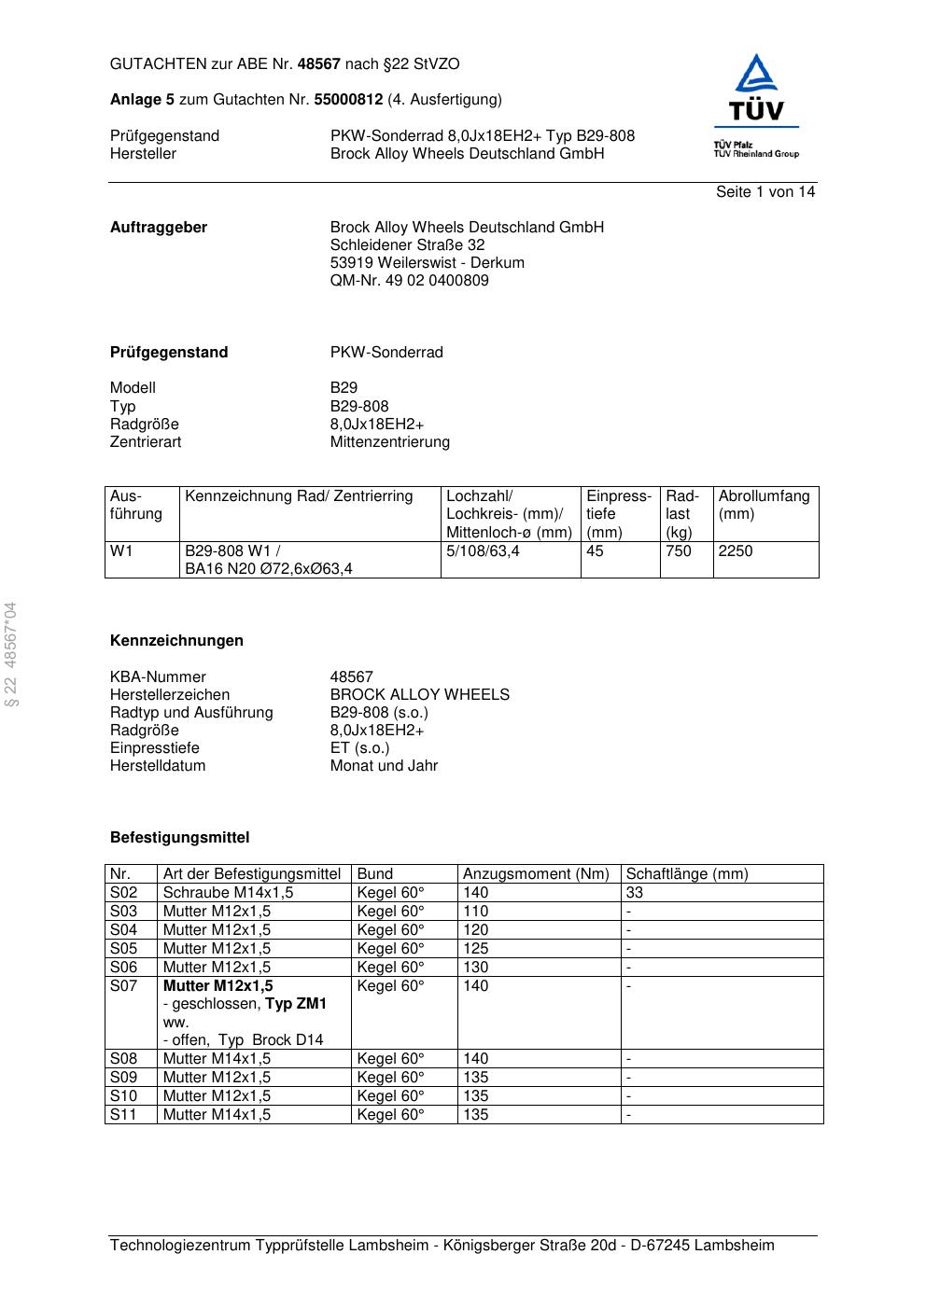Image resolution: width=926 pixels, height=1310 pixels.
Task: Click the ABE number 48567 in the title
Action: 318,64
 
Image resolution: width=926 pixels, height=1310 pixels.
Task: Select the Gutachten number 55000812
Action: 348,100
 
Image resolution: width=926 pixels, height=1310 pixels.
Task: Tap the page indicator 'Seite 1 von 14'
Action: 765,192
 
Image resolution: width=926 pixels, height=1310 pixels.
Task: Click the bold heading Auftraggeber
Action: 159,228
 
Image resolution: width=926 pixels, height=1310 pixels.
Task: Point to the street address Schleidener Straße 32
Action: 407,245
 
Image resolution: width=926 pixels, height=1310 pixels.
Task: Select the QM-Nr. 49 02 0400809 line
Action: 409,281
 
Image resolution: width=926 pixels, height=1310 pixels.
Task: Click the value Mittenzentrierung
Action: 389,442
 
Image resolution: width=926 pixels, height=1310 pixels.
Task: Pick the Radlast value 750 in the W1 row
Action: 679,551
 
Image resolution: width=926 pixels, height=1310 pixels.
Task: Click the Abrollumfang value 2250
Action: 736,551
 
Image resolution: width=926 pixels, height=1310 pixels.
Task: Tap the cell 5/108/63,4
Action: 483,551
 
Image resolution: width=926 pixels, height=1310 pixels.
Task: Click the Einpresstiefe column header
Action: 619,514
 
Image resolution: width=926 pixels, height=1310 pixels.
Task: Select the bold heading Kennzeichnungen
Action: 176,641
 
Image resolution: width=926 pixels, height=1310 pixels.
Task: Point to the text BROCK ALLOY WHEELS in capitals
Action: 419,695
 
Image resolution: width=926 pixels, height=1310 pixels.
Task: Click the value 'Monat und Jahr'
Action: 384,766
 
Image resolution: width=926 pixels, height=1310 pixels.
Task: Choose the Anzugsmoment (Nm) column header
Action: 536,874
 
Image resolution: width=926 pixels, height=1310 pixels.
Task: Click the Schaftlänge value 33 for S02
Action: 635,893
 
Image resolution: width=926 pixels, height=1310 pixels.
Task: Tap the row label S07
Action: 123,986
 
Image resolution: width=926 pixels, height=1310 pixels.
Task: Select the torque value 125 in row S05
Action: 476,949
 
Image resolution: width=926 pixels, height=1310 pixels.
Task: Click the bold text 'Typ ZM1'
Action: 296,1005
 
